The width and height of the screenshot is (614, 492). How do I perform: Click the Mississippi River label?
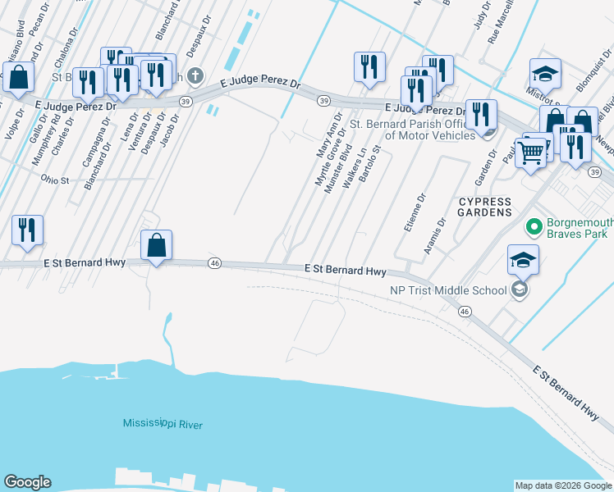coord(163,423)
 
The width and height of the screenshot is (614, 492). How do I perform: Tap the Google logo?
coord(27,482)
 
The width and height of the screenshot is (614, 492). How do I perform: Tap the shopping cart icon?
coord(532,151)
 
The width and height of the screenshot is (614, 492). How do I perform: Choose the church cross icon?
coord(195,77)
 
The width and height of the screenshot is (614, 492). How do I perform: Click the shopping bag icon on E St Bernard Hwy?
coord(156,244)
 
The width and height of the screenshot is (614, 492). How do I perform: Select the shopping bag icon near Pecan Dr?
coord(18,77)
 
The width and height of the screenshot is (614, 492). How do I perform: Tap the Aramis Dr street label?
coord(440,233)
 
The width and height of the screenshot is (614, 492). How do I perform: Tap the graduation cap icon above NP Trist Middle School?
coord(524,260)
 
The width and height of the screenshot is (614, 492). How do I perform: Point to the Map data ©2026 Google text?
coord(563,485)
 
